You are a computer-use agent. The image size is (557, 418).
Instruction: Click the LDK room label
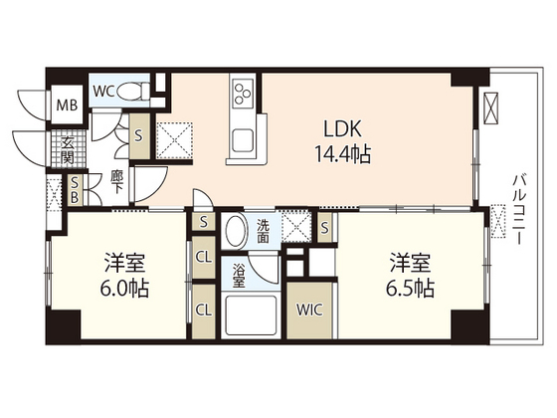tap(342, 128)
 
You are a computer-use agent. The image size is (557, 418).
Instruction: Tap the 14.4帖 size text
tap(342, 154)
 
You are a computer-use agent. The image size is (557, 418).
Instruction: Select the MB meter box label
tap(68, 104)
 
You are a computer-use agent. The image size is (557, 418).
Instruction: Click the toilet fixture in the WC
tap(132, 91)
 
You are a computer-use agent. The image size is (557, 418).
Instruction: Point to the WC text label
tap(103, 92)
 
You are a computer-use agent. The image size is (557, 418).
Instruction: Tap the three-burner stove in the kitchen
tap(243, 92)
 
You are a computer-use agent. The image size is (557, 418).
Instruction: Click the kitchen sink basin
tap(243, 141)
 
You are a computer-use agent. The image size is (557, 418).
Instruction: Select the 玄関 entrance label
tap(68, 150)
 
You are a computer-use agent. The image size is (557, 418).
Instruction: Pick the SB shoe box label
tap(75, 190)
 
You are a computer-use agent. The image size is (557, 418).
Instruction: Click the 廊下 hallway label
tap(115, 182)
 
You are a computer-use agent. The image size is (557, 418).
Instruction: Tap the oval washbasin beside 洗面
tap(236, 231)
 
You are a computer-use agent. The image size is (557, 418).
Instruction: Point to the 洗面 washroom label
tap(263, 231)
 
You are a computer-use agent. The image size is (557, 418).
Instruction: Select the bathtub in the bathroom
tap(251, 314)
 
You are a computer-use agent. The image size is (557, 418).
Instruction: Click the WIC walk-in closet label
tap(309, 310)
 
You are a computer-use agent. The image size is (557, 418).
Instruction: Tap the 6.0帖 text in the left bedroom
tap(124, 288)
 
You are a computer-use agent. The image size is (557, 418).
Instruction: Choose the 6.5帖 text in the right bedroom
tap(410, 288)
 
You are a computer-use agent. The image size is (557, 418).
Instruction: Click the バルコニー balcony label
tap(517, 209)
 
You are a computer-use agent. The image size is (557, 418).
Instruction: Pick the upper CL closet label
tap(204, 257)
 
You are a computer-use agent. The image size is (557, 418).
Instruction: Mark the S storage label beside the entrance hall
tap(138, 135)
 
